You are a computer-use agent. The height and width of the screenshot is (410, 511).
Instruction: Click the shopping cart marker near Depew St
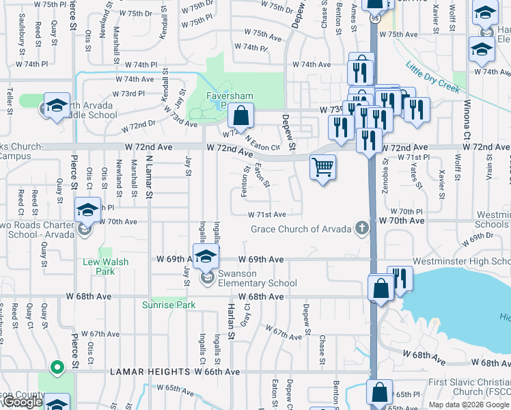pos(322,167)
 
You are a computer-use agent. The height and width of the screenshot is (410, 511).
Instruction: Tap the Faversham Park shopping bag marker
pos(240,116)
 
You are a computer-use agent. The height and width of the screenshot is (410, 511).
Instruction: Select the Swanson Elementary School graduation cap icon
pos(205,257)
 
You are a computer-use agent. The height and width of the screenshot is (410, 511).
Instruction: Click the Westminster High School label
pos(471,262)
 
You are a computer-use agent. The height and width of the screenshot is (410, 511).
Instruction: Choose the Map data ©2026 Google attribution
pos(469,405)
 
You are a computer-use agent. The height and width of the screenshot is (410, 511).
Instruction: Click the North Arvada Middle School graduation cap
pos(57,105)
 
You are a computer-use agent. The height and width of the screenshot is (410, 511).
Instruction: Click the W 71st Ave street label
pos(271,214)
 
